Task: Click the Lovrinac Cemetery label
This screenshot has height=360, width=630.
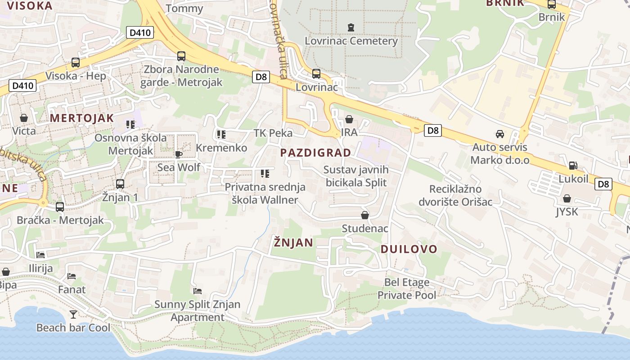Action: click(351, 41)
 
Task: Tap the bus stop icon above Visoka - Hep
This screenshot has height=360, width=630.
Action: click(76, 63)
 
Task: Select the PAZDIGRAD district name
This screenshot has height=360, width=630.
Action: click(315, 153)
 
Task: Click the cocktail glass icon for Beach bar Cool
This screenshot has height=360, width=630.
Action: click(73, 314)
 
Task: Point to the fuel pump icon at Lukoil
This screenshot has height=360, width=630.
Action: click(573, 166)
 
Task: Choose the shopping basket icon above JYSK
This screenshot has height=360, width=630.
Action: click(567, 198)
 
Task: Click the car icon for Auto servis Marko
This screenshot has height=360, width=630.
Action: click(499, 134)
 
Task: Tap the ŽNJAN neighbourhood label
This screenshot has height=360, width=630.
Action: click(293, 243)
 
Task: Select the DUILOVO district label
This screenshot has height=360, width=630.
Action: click(409, 249)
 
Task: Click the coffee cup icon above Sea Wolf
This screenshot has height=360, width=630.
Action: click(179, 154)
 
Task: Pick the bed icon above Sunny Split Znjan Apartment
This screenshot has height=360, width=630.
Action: click(197, 291)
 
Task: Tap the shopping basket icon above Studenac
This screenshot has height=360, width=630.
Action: click(365, 215)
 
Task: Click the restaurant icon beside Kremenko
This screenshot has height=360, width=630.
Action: click(221, 134)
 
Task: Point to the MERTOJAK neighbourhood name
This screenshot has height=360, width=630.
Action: click(82, 118)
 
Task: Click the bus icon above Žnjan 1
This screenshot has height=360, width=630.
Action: click(120, 184)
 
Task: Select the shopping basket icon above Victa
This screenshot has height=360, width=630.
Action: click(24, 118)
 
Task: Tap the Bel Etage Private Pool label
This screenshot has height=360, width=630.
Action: click(406, 289)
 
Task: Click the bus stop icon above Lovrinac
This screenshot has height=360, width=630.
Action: click(316, 73)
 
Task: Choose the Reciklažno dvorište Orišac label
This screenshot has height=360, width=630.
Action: click(455, 195)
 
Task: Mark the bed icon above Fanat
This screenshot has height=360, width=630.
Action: click(72, 276)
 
